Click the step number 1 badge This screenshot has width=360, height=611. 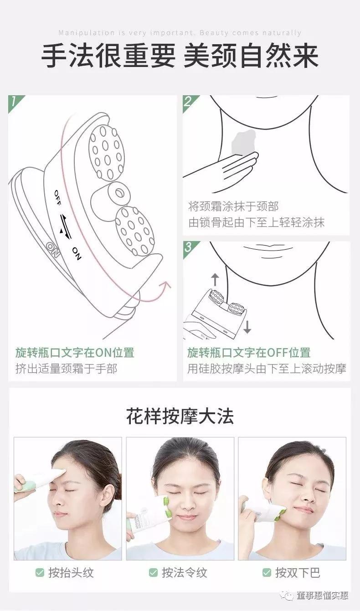click(14, 101)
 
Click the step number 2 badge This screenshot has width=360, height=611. click(188, 101)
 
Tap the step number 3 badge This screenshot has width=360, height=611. click(188, 247)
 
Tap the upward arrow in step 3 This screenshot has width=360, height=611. click(215, 279)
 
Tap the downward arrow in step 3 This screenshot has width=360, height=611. click(247, 327)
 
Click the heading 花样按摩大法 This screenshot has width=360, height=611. click(180, 416)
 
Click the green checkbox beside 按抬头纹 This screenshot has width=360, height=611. click(40, 572)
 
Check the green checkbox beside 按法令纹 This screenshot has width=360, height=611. click(154, 572)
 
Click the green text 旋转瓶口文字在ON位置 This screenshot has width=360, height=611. click(75, 353)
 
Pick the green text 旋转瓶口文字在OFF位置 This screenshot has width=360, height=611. click(249, 353)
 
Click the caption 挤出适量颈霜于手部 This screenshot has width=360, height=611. click(66, 369)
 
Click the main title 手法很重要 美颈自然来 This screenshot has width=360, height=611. click(180, 56)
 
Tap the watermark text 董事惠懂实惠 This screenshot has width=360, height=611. click(322, 596)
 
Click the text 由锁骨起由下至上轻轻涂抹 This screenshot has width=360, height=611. click(257, 223)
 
